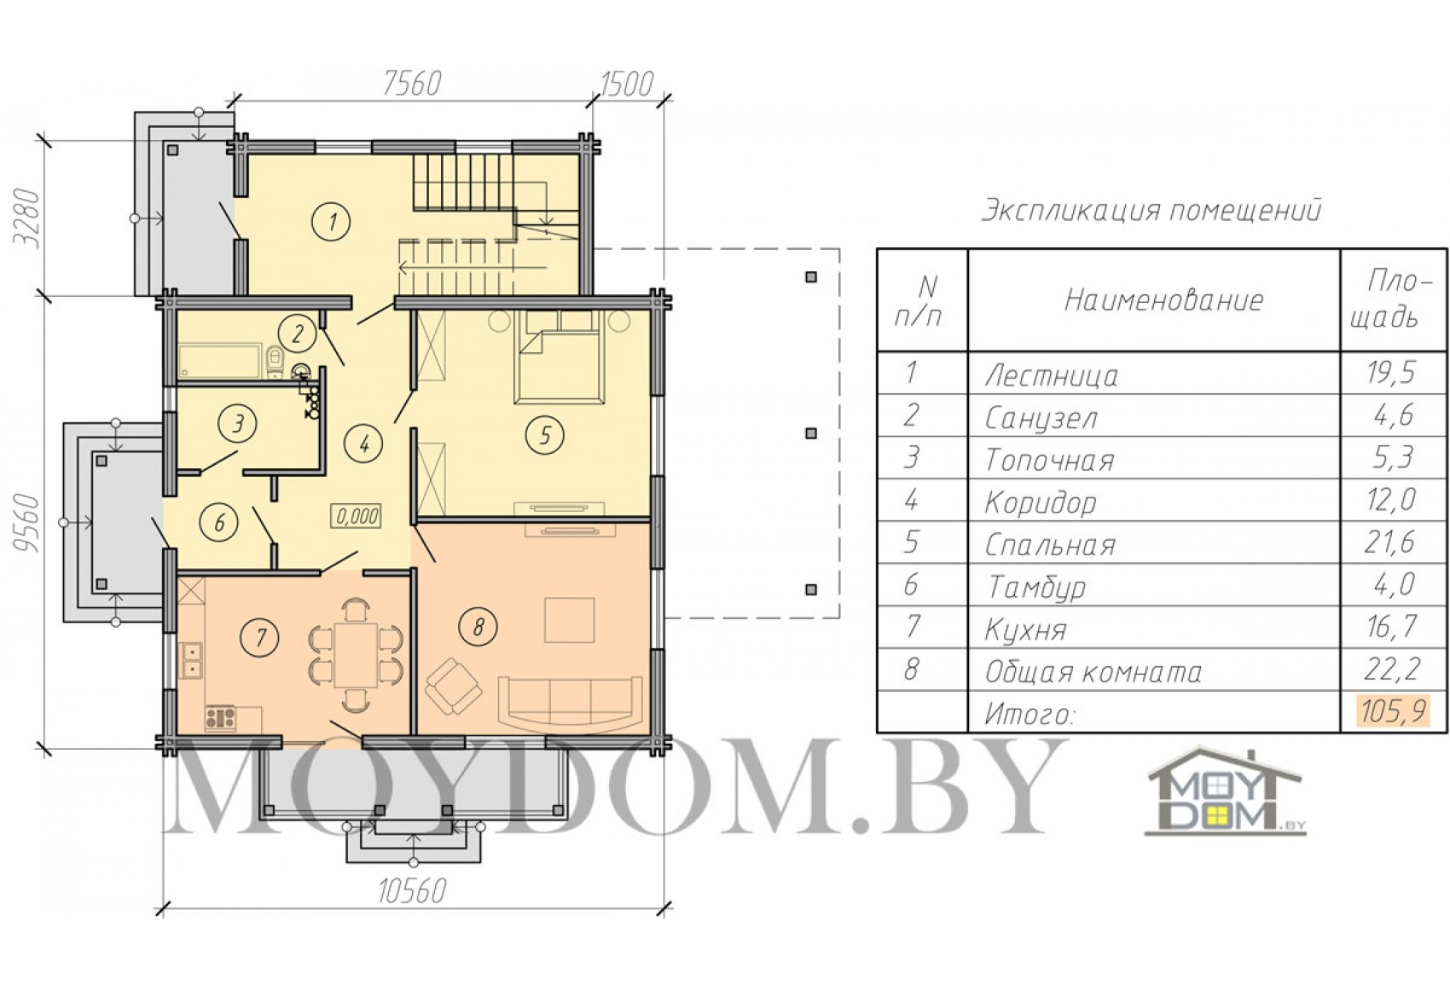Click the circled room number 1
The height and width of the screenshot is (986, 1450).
point(331,222)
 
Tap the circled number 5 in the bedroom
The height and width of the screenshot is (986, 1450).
point(544,435)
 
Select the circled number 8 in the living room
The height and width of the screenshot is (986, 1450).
point(478,626)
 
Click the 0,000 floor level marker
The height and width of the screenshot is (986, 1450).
point(356,516)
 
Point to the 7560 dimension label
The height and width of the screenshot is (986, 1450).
point(412,84)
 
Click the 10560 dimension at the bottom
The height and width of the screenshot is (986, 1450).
point(412,892)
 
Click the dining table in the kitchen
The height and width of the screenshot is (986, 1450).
point(356,654)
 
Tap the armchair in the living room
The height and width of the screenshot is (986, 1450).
point(452,687)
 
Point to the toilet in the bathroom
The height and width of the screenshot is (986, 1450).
point(275,362)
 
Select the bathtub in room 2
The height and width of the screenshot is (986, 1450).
point(220,362)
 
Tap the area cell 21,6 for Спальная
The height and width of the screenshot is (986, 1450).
point(1389,542)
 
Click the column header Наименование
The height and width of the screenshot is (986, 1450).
point(1163,300)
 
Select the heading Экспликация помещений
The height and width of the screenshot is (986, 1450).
point(1151,211)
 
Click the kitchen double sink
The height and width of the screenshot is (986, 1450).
point(192,660)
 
